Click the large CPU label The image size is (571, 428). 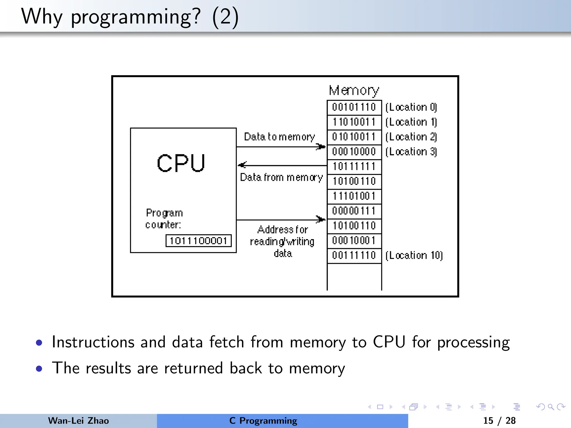coord(181,163)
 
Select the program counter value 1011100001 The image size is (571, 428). coord(199,241)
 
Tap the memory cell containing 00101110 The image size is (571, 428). coord(354,107)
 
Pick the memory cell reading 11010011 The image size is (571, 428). coord(354,122)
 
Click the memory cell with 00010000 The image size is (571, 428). coord(354,152)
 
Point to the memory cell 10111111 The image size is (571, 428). coord(354,167)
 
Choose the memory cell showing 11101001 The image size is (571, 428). coord(354,196)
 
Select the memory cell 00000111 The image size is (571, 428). coord(354,211)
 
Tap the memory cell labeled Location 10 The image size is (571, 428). coord(354,255)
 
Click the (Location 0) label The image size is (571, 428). coord(411,107)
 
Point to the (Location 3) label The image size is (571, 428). coord(411,152)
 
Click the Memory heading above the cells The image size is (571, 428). coord(354,90)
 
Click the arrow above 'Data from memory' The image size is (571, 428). coord(282,165)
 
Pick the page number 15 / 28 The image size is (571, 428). coord(499,420)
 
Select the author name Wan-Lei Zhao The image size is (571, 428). coord(78,420)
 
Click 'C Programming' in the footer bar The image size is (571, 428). coord(263,420)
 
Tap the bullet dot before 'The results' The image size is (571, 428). coord(39,369)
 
